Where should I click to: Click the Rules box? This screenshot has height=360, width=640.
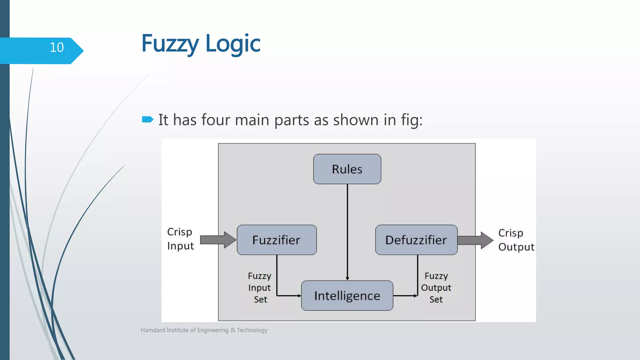pos(347,169)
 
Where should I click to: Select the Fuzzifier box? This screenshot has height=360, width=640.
pos(277,240)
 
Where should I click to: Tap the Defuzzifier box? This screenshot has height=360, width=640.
pos(416,240)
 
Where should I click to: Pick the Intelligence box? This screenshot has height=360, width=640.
pos(347,296)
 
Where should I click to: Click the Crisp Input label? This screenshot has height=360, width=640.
pos(180,239)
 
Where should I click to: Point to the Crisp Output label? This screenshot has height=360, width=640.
pos(516,240)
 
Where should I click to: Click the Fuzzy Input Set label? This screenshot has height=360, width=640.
pos(260,287)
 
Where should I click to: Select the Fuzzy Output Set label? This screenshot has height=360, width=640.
pos(436,287)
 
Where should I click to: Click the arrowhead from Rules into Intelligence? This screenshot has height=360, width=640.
pos(347,278)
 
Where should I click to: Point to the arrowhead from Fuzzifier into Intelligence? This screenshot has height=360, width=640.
pos(299,296)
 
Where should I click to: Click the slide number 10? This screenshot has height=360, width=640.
pos(57,47)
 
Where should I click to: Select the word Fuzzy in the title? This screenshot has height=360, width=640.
pos(170,44)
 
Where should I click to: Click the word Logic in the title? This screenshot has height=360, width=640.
pos(233,44)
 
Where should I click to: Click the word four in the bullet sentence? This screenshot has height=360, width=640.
pos(216,120)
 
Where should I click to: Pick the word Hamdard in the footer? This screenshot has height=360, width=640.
pos(153,330)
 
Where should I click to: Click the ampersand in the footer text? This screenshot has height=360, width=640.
pos(232,330)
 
